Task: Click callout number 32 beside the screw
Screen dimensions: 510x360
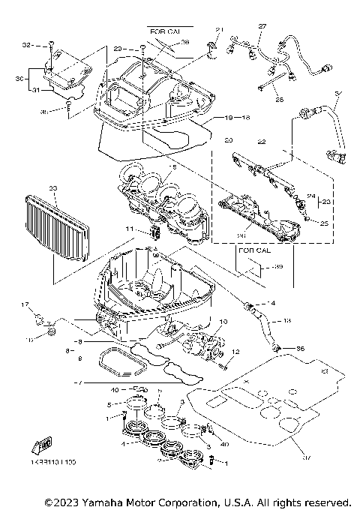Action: (x=26, y=45)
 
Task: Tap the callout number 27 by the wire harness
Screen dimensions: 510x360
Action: (x=262, y=26)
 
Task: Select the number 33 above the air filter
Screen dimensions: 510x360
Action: (x=52, y=188)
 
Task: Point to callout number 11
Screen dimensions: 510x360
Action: (x=128, y=228)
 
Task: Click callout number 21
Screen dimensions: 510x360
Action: (x=220, y=30)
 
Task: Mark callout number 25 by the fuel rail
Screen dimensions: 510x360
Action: (x=323, y=223)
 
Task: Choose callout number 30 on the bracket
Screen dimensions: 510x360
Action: (x=20, y=77)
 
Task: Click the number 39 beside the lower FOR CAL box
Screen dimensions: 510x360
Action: (x=278, y=267)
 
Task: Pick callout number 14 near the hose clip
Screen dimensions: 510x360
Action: (x=272, y=303)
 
